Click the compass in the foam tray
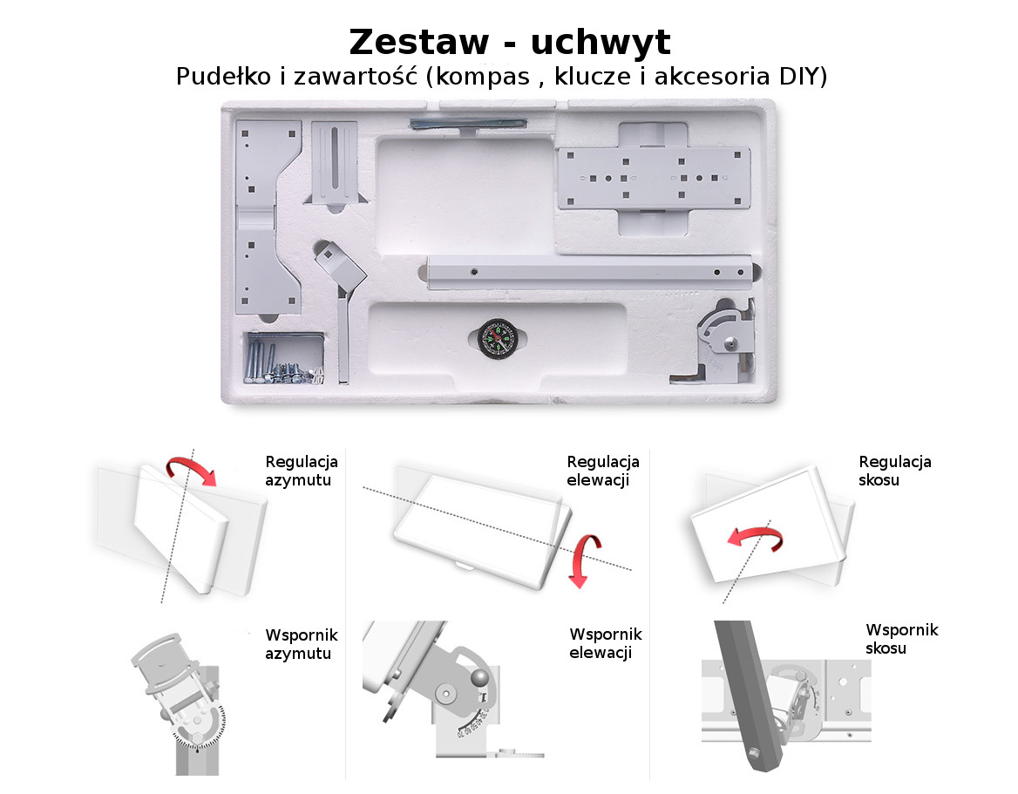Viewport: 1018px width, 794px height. click(x=498, y=339)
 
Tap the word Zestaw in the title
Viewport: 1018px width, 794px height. click(x=418, y=42)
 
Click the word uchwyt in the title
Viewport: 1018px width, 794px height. click(x=601, y=44)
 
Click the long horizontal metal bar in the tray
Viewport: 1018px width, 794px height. click(x=589, y=271)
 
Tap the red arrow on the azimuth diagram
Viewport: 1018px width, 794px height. click(x=191, y=470)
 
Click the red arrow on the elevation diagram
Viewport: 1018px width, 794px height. click(x=584, y=560)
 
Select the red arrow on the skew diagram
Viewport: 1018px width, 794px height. click(x=755, y=540)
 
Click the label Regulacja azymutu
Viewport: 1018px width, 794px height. click(x=302, y=471)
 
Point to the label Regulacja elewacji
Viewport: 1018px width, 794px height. click(x=602, y=471)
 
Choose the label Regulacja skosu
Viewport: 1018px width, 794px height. click(x=894, y=471)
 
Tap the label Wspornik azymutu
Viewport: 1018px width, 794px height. click(x=302, y=643)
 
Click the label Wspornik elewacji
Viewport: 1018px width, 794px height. click(x=605, y=642)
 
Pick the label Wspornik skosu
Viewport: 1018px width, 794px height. click(x=902, y=638)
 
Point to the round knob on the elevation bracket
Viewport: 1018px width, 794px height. click(x=479, y=678)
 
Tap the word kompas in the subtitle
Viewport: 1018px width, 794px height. click(x=482, y=78)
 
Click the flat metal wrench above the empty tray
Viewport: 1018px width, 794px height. click(x=467, y=124)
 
